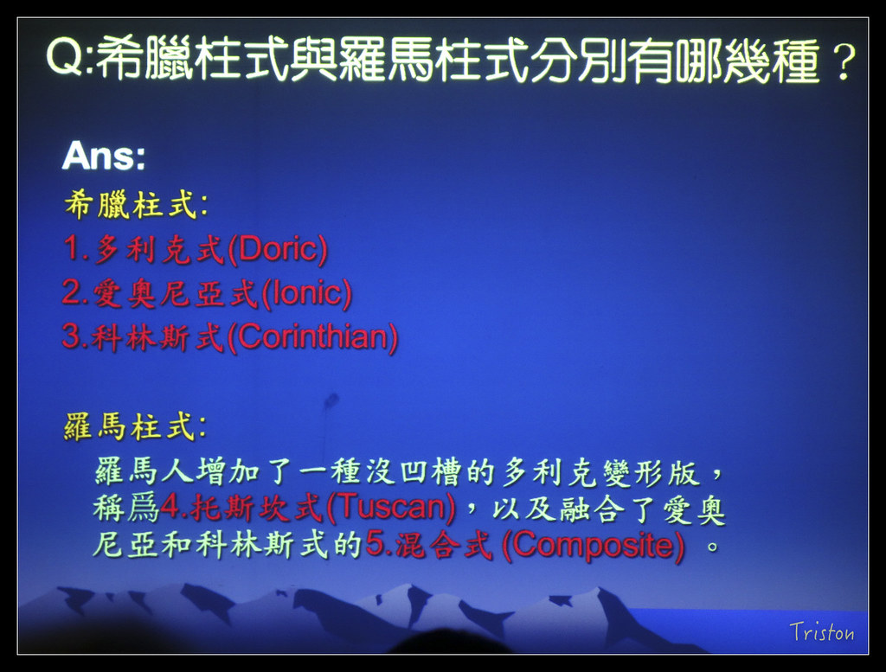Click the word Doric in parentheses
coord(277,248)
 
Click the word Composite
coord(594,545)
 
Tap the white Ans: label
coord(104,156)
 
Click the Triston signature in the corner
coord(822,632)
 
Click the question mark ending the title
coord(843,61)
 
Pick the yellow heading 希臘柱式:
coord(136,204)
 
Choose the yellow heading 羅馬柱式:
coord(135,426)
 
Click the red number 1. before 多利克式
coord(76,248)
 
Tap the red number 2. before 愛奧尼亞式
coord(75,292)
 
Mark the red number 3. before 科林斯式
coord(75,336)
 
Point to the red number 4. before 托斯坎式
coord(174,507)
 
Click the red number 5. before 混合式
coord(379,545)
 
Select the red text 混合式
coord(443,546)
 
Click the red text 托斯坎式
coord(256,507)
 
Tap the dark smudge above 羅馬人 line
coord(330,402)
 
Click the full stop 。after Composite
coord(713,547)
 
